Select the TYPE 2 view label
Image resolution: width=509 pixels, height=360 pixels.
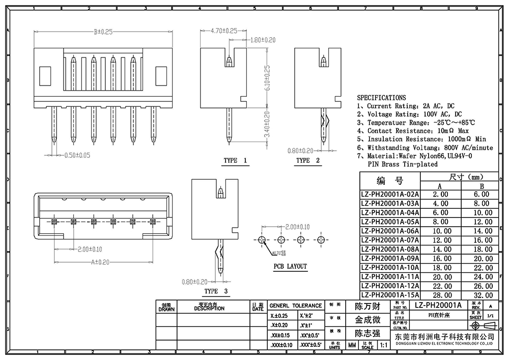pos(308,160)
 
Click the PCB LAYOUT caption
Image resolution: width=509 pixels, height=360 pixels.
pos(290,266)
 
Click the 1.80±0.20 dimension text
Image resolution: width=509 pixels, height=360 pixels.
pos(263,40)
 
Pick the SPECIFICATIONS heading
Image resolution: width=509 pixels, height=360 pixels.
pos(381,97)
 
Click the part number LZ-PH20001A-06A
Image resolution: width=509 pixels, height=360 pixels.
pos(389,231)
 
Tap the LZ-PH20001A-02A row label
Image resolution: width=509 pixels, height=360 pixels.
pos(389,194)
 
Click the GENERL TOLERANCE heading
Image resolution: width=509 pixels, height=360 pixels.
pos(296,306)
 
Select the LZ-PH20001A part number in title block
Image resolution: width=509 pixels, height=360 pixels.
pos(438,305)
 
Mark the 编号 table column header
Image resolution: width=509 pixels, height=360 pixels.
pos(389,181)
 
